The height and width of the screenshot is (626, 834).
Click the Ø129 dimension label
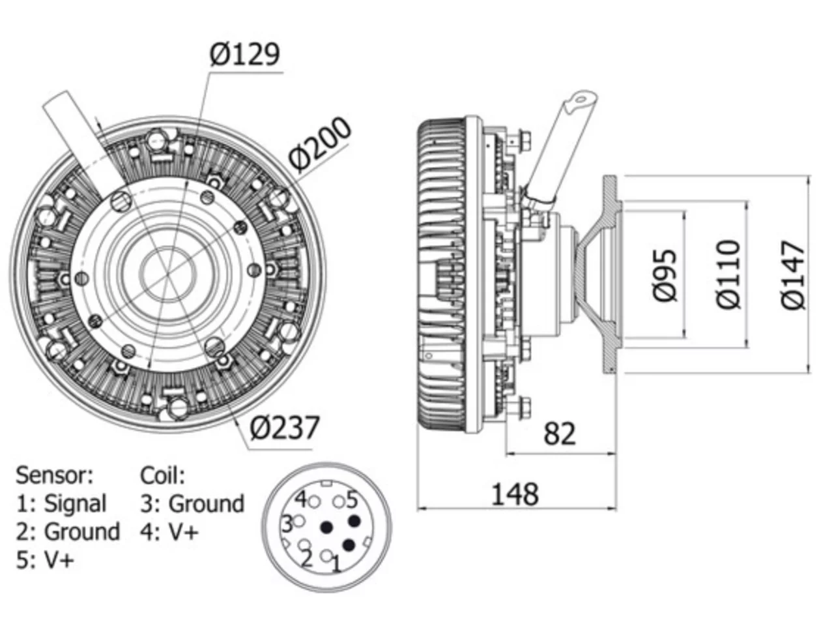244,54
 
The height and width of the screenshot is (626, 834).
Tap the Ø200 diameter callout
319,144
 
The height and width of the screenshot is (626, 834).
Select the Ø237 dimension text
285,428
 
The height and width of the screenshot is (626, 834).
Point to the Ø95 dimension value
665,275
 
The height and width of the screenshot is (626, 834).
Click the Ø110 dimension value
728,275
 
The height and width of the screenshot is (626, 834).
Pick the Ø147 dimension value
793,275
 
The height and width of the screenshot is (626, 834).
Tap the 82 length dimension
559,434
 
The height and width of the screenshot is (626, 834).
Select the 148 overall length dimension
515,494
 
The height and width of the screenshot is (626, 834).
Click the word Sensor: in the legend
54,475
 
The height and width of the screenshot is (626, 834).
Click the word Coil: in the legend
162,475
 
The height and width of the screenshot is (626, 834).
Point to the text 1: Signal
61,504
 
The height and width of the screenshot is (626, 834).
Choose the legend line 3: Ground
192,504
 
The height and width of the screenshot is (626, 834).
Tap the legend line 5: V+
45,560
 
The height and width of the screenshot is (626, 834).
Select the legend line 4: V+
169,531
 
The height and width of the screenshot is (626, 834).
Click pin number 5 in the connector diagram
352,499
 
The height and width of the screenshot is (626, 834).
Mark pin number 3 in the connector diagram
287,524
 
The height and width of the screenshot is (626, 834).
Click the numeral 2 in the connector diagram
306,559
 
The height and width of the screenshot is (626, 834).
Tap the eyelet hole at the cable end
581,100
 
